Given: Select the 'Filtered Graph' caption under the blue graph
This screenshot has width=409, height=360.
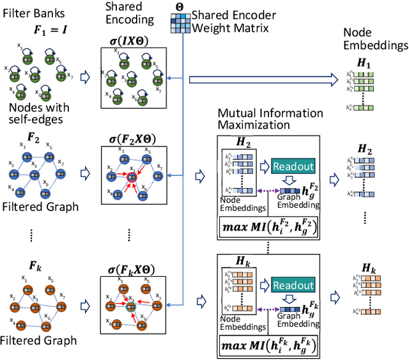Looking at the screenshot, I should coord(39,207).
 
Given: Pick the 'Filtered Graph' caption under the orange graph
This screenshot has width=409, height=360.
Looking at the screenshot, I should coord(39,340).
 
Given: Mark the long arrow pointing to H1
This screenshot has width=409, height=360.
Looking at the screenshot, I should coord(268,79).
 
